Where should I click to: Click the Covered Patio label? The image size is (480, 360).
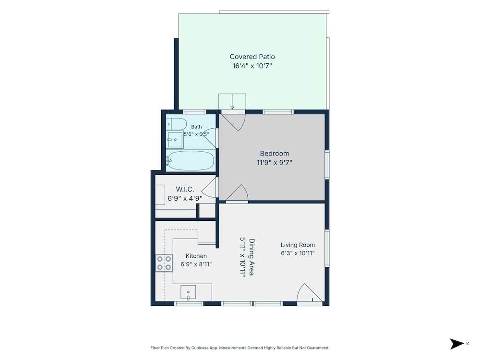252,57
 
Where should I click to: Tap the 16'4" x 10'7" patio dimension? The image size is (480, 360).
252,66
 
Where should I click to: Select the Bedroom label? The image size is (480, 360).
274,154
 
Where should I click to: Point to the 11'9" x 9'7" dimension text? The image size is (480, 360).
274,163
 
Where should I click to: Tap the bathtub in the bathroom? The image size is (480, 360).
191,160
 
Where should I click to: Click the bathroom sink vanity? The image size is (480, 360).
175,140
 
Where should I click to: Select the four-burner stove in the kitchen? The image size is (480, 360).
164,263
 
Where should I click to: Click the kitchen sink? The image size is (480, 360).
188,293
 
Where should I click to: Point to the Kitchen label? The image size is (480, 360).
196,256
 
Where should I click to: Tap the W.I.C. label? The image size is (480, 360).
185,190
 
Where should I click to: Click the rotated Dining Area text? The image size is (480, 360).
252,257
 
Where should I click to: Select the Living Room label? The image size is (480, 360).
298,245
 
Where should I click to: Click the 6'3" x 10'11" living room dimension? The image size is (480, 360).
298,253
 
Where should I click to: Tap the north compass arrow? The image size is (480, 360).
457,344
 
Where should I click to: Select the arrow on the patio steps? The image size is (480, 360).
232,102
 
